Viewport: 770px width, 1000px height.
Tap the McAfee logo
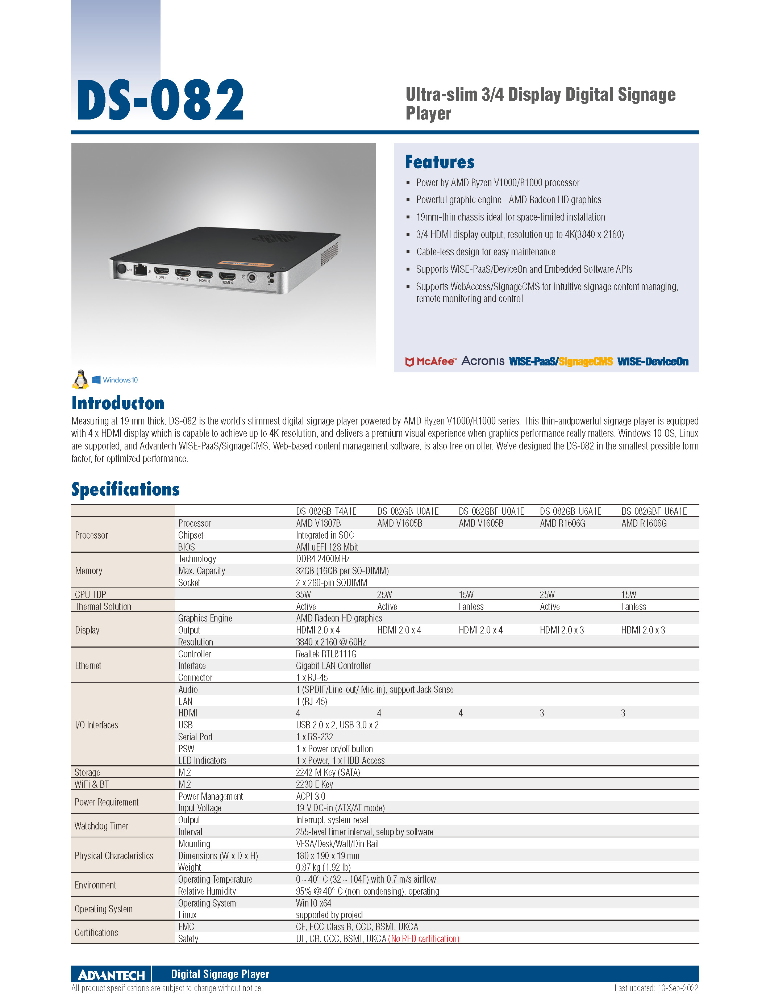point(430,361)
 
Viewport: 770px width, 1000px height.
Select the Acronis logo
point(482,361)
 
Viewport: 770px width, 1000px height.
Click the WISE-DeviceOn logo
point(652,361)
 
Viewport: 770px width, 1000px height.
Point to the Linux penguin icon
point(80,379)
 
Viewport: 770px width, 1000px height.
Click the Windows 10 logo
point(115,380)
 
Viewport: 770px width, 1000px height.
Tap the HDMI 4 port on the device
point(227,276)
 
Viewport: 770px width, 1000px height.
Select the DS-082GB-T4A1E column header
point(326,511)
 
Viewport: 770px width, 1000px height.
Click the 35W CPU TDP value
point(303,594)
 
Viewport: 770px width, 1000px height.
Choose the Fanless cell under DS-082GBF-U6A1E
point(633,606)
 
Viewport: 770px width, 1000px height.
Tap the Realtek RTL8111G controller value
point(326,654)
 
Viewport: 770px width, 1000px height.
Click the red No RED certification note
point(423,938)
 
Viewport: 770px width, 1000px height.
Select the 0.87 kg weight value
point(323,867)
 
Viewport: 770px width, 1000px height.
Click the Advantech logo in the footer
point(111,974)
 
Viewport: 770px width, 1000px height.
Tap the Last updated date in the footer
point(656,988)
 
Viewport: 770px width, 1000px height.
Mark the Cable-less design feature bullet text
point(486,252)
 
